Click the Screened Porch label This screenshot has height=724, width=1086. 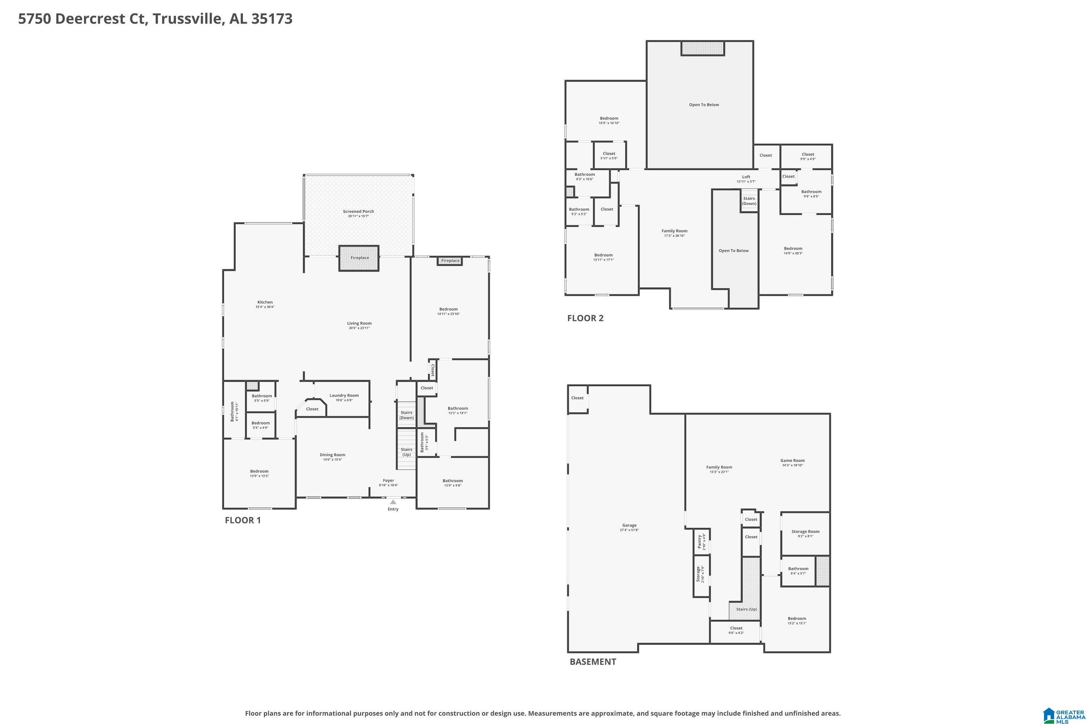pyautogui.click(x=358, y=211)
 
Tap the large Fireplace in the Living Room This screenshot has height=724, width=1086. pyautogui.click(x=359, y=258)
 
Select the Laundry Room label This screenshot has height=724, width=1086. pyautogui.click(x=344, y=396)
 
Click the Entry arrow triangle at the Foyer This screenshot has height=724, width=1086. pyautogui.click(x=393, y=502)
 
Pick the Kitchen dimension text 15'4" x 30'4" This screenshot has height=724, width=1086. pyautogui.click(x=265, y=307)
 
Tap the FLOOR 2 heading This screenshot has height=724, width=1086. pyautogui.click(x=585, y=318)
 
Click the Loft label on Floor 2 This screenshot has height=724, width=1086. pyautogui.click(x=746, y=177)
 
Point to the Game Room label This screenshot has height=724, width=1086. pyautogui.click(x=792, y=461)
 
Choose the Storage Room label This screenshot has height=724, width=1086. pyautogui.click(x=805, y=531)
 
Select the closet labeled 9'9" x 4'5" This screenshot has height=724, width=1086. pyautogui.click(x=808, y=156)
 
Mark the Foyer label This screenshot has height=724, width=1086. pyautogui.click(x=388, y=481)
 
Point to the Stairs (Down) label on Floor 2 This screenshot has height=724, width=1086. pyautogui.click(x=749, y=201)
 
